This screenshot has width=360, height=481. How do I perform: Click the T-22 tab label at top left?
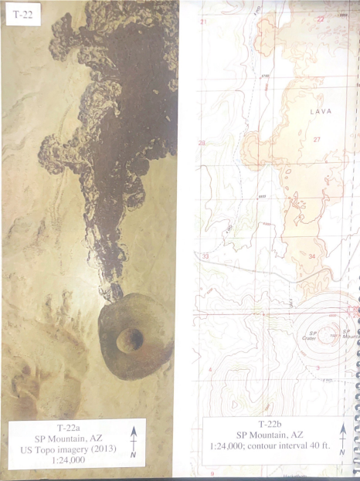pos(23,15)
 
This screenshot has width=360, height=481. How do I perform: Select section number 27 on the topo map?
pos(317,140)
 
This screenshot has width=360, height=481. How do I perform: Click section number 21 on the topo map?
pos(204,22)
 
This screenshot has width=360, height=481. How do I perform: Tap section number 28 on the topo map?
pos(202,143)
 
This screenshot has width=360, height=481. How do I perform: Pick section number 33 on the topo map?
pos(205,256)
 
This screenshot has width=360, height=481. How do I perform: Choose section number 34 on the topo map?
pos(311,256)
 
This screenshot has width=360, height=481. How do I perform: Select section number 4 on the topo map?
pos(209,370)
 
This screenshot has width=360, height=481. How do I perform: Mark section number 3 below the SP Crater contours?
pos(317,368)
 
